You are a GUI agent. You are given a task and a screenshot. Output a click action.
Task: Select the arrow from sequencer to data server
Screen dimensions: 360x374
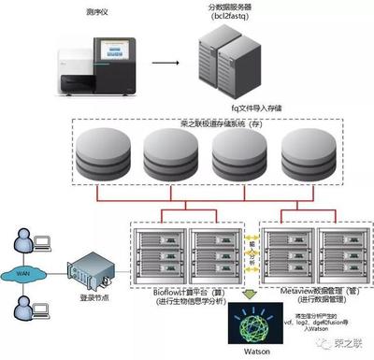coord(166,65)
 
